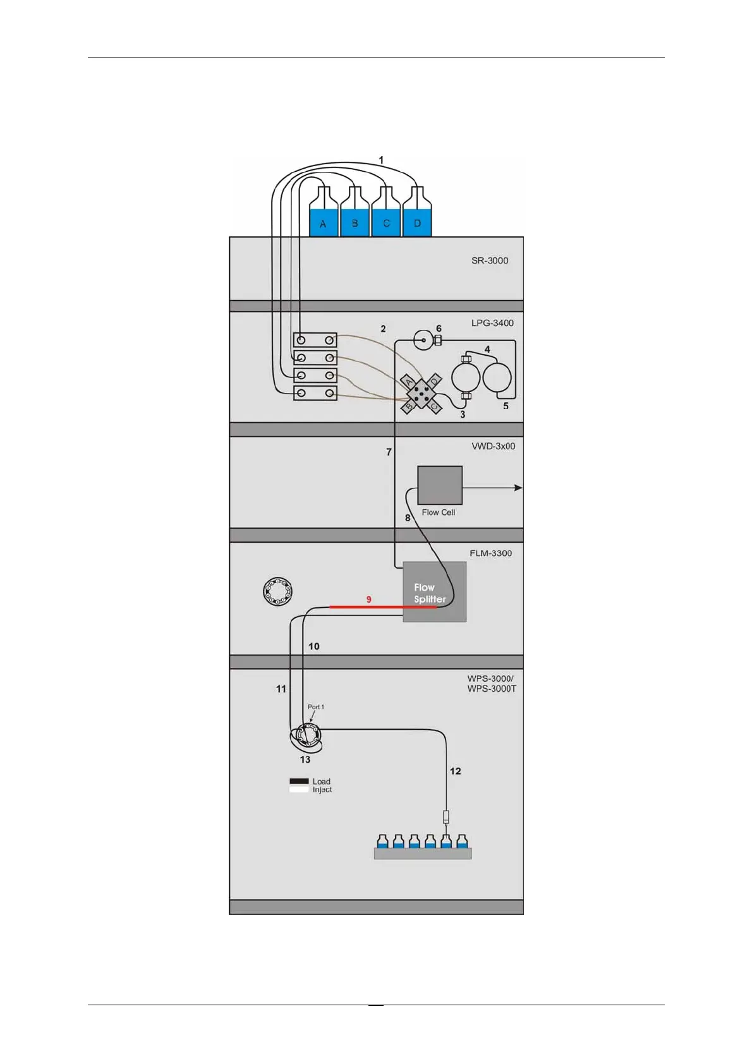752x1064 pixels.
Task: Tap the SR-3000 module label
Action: click(490, 260)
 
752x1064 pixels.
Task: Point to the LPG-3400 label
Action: click(492, 323)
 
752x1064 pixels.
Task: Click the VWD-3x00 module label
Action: click(493, 446)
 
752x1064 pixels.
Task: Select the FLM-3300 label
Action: click(490, 553)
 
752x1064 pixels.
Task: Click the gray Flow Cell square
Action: click(440, 485)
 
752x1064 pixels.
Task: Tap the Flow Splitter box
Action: click(435, 592)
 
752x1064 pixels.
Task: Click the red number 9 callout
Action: click(369, 599)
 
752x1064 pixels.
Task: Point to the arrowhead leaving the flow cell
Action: click(519, 488)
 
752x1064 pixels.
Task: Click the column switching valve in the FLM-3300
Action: click(277, 591)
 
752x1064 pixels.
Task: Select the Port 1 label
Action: click(316, 707)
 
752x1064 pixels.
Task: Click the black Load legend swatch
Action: click(299, 782)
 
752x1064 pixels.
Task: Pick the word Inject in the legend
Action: click(322, 790)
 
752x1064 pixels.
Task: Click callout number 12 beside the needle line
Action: click(456, 771)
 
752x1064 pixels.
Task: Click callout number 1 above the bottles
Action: click(381, 160)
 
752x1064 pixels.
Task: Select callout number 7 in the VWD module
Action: click(389, 452)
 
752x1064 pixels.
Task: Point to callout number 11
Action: click(281, 689)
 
